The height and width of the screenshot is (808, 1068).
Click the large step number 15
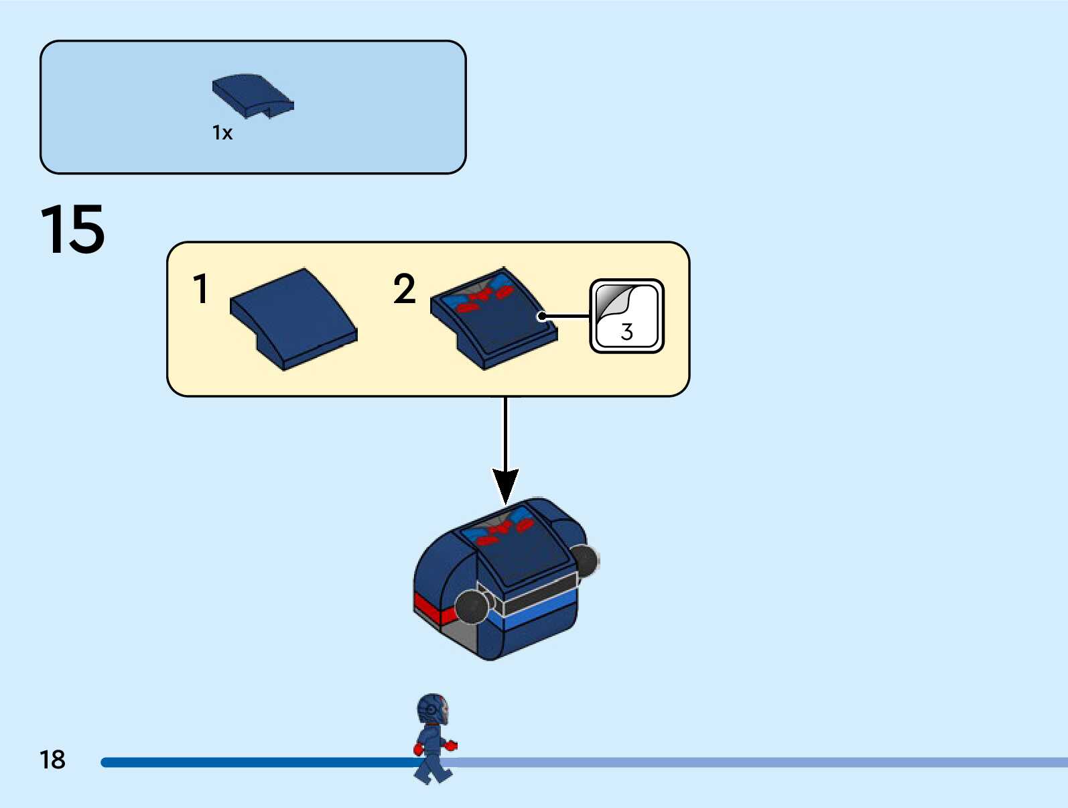(x=72, y=230)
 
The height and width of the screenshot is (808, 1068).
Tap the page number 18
(x=52, y=760)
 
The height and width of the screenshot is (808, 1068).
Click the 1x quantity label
(x=222, y=133)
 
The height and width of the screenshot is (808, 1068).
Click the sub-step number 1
(x=200, y=289)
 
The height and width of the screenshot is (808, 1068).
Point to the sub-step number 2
(x=404, y=289)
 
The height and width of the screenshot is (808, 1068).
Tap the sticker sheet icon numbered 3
(x=626, y=316)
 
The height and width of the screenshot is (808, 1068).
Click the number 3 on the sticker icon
(x=627, y=332)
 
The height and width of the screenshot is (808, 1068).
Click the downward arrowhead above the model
(x=505, y=484)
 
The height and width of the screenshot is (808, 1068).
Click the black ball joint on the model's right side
(x=584, y=560)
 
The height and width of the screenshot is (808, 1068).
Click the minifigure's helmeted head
(x=432, y=709)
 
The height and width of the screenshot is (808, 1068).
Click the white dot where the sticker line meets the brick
(x=542, y=316)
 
